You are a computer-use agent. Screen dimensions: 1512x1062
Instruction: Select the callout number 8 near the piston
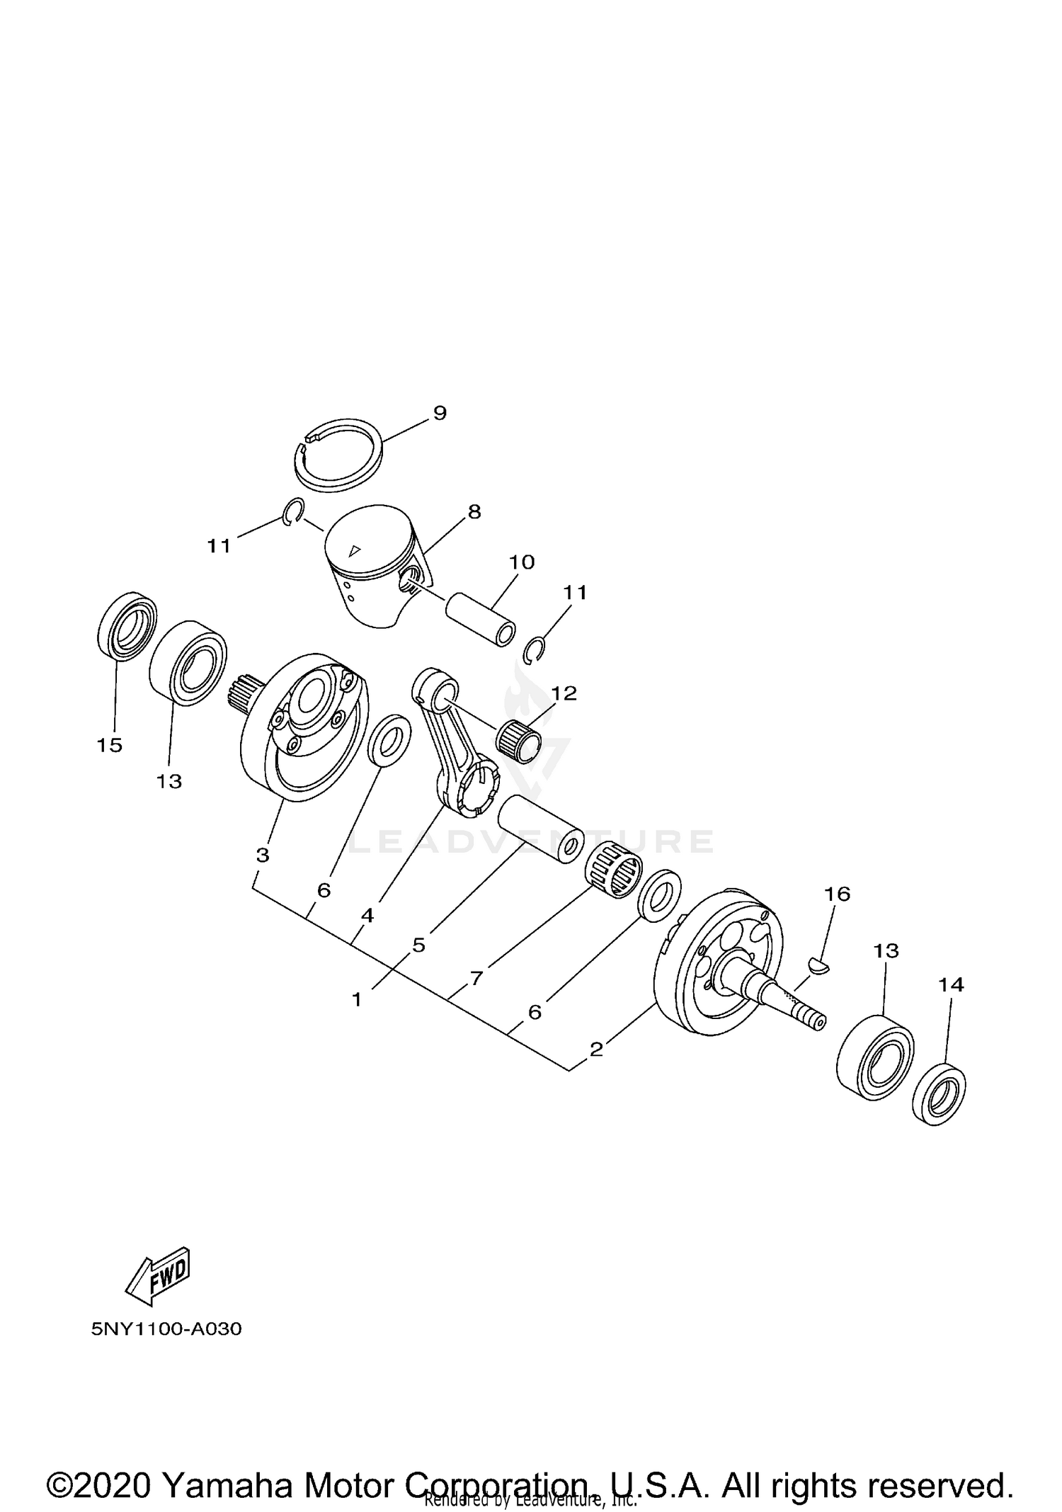(x=474, y=511)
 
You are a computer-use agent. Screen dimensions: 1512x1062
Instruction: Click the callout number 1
(x=357, y=999)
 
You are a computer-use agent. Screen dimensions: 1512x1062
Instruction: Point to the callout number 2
(x=596, y=1049)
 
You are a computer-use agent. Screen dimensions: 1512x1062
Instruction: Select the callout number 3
(x=263, y=855)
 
